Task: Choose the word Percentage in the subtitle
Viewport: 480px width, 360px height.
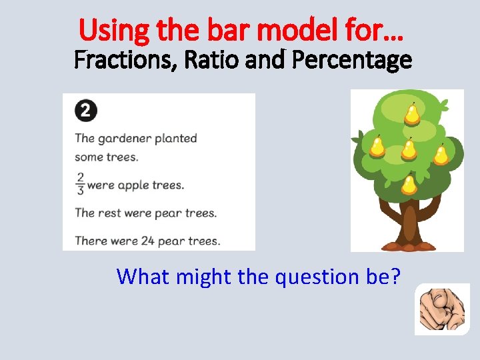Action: click(352, 61)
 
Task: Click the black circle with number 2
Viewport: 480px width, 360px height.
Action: click(85, 111)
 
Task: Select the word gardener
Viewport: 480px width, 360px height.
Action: click(125, 139)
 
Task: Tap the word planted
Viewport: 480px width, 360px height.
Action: click(176, 139)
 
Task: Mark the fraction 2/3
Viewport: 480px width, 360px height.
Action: click(80, 184)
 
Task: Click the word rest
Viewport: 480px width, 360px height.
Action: click(110, 213)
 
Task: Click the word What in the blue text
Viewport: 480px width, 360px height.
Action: click(143, 276)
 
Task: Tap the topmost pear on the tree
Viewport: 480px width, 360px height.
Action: click(413, 115)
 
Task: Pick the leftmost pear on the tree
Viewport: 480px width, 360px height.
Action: click(377, 146)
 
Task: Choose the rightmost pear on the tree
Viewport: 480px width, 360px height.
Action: click(441, 155)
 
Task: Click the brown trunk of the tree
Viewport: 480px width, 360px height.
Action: click(408, 223)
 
